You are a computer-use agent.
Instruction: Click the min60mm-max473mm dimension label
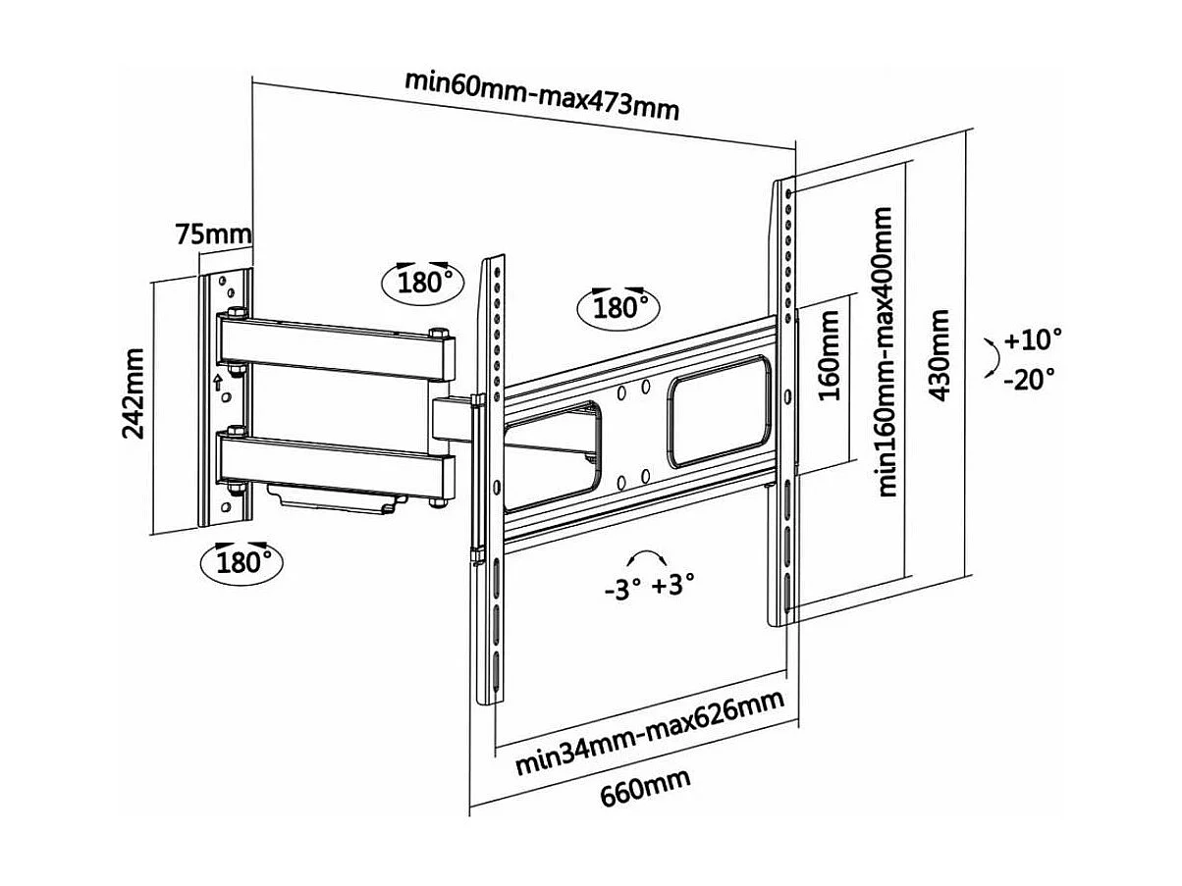pyautogui.click(x=542, y=94)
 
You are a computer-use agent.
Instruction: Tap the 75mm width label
pyautogui.click(x=213, y=235)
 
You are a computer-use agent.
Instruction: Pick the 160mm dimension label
pyautogui.click(x=831, y=354)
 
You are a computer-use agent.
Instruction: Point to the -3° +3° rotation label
pyautogui.click(x=649, y=586)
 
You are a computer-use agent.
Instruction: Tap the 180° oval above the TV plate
pyautogui.click(x=616, y=307)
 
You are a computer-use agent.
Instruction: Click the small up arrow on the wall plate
pyautogui.click(x=218, y=378)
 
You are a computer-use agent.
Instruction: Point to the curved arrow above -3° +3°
pyautogui.click(x=649, y=556)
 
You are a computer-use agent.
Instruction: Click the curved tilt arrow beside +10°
pyautogui.click(x=993, y=359)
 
